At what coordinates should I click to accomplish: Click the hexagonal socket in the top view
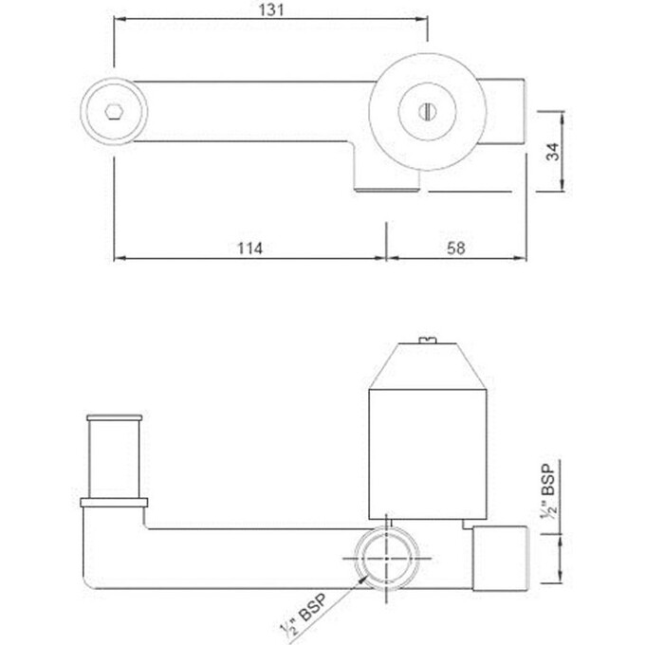point(113,111)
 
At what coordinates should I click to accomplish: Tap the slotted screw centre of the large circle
point(426,111)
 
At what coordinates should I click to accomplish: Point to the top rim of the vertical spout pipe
point(113,419)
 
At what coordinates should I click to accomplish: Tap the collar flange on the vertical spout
point(113,501)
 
